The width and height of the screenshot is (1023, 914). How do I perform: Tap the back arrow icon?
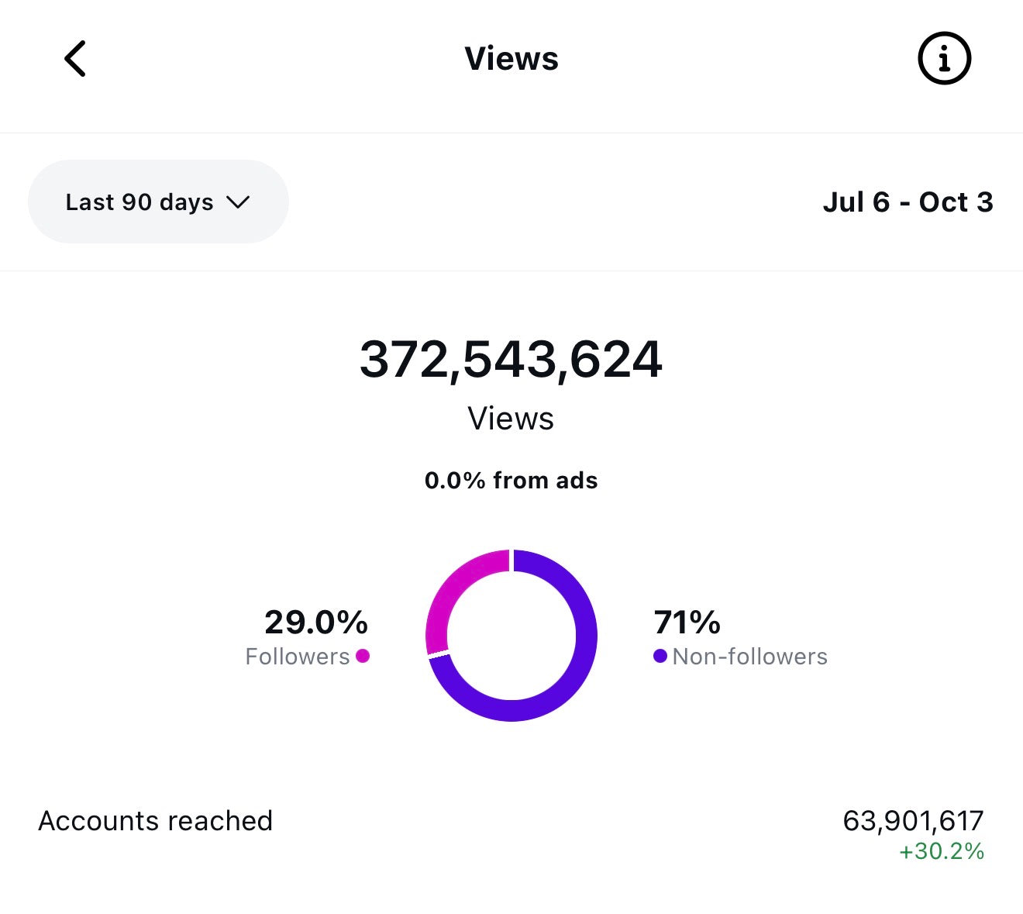75,59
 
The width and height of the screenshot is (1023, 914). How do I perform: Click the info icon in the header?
944,59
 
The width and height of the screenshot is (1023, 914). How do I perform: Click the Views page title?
511,59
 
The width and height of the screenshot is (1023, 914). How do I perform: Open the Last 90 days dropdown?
158,202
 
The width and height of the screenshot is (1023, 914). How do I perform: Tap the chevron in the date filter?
238,202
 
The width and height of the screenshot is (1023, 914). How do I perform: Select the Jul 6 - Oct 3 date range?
908,202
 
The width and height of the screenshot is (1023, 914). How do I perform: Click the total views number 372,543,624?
511,360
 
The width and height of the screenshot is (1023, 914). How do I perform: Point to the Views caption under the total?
511,419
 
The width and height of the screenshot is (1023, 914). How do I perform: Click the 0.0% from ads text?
511,481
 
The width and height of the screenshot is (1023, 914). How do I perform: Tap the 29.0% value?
316,622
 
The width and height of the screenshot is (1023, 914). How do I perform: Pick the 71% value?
687,622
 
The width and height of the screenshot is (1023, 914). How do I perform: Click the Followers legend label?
298,657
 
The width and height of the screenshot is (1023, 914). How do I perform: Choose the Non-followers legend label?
749,657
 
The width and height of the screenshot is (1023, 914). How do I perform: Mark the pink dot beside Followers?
363,656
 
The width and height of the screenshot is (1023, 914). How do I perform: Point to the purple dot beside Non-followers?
660,656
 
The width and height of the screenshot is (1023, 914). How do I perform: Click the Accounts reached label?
155,820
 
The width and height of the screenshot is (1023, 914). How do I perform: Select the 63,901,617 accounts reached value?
913,820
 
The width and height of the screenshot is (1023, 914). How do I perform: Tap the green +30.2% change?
941,851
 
